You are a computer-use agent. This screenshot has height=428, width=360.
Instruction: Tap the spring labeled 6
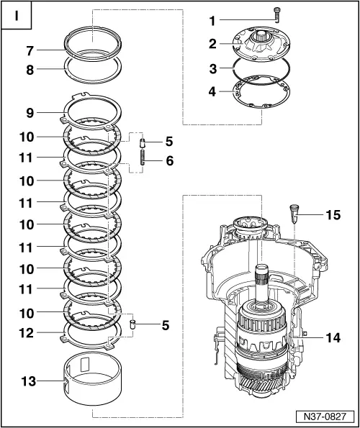143,161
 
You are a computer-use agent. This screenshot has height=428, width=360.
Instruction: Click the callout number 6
170,161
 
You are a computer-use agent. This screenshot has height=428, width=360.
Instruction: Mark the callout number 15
331,214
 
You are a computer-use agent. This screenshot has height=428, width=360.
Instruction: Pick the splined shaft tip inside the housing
263,274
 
